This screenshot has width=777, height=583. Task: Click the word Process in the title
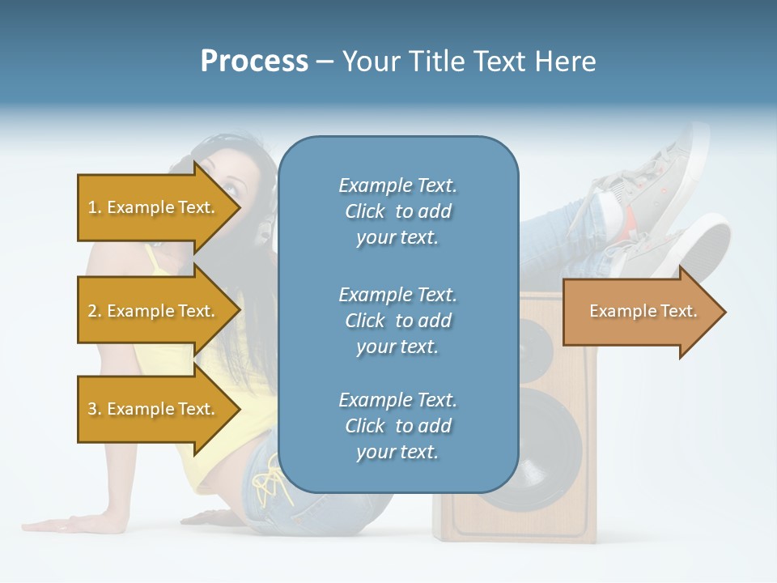(x=254, y=62)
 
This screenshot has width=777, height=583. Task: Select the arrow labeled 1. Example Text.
(x=154, y=207)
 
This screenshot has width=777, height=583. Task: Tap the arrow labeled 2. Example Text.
(x=154, y=311)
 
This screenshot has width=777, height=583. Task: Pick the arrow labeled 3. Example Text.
(x=154, y=409)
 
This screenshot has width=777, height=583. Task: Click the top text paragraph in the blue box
(x=397, y=211)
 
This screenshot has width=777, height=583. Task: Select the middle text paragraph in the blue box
(x=397, y=321)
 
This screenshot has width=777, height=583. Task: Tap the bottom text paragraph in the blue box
(x=397, y=426)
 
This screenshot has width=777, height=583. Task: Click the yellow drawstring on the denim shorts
(x=267, y=486)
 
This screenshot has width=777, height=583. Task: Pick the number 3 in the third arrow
(x=92, y=409)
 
